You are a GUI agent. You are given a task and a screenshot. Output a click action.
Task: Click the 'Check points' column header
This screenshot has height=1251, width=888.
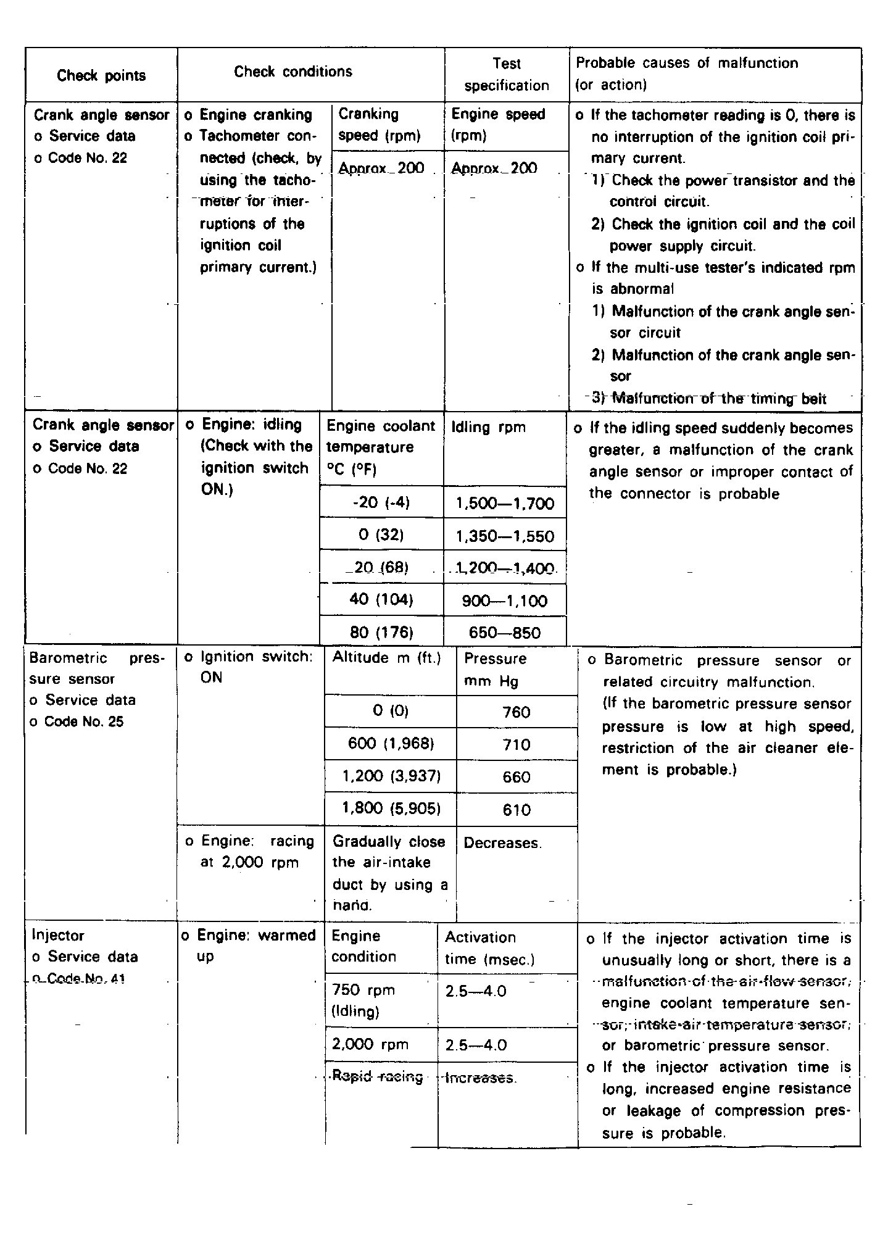coord(101,75)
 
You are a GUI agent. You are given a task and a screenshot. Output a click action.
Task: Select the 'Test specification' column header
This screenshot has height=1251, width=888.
coord(507,75)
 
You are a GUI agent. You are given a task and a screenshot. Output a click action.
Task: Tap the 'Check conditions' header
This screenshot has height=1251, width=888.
coord(293,72)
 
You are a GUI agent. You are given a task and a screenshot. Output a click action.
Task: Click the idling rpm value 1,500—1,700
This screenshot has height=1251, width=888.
coord(505,504)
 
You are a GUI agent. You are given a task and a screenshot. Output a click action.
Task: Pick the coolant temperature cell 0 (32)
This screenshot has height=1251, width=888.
coord(381,534)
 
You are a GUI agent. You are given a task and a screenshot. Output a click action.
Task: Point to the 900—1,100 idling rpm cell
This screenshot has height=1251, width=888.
coord(505,601)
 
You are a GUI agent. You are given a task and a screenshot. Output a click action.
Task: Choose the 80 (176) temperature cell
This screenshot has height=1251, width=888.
coord(381,633)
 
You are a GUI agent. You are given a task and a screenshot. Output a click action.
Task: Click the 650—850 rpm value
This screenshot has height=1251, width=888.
coord(505,633)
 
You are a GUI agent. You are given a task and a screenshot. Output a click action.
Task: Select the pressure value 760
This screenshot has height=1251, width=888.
coord(517,713)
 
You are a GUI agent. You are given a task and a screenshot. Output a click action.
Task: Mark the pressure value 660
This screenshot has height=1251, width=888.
coord(517,777)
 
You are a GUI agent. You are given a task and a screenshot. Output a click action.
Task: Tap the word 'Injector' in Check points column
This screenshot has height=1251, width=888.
coord(58,936)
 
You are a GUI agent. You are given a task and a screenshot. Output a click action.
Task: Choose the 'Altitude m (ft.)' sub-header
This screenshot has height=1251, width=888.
coord(387,658)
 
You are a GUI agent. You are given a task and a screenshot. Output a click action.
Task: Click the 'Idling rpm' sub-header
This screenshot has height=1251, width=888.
coord(489,427)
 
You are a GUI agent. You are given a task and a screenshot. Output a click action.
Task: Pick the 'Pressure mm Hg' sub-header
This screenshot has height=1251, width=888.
coord(496,670)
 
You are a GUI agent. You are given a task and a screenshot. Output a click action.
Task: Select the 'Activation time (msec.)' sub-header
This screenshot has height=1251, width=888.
coord(489,948)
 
